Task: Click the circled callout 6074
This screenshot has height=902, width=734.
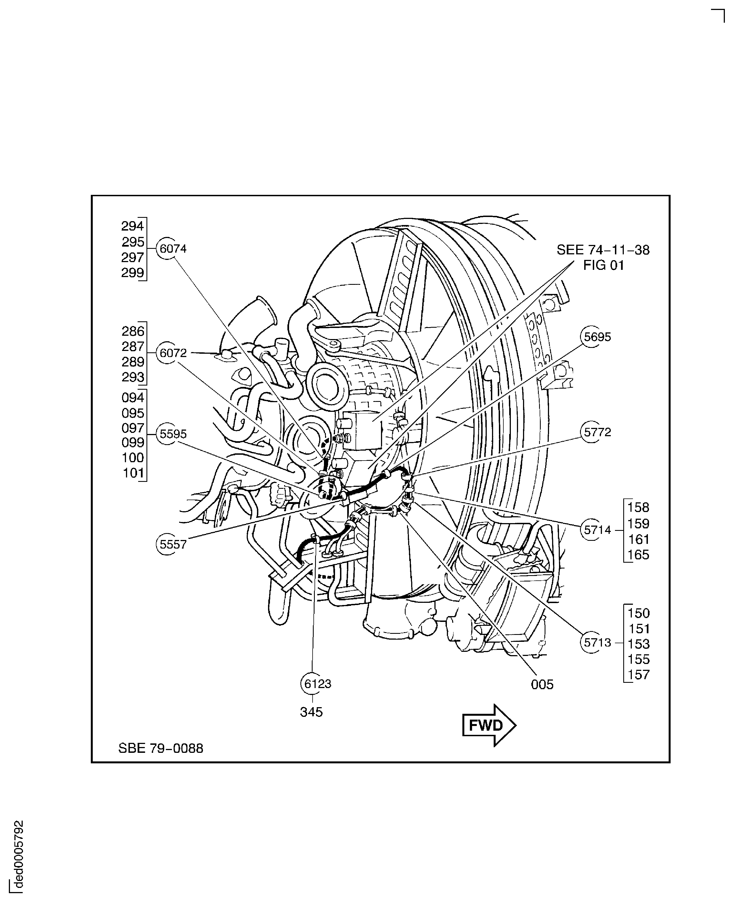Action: click(168, 249)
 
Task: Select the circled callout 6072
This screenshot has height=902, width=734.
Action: click(168, 353)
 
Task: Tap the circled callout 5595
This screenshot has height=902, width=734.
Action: click(168, 434)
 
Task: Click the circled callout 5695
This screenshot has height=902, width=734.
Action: click(592, 337)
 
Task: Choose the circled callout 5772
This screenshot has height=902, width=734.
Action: click(592, 432)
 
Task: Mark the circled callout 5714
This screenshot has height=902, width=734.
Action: click(592, 530)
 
